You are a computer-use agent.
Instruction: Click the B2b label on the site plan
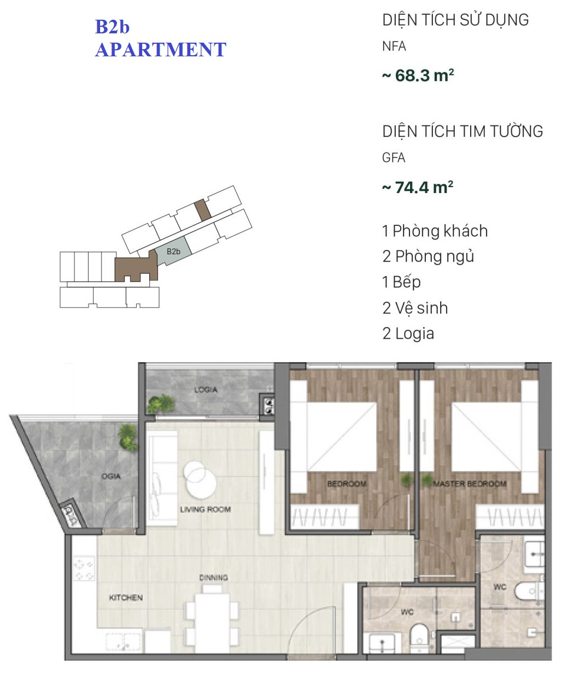[x=173, y=252]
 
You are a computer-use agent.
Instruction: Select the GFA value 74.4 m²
[x=418, y=188]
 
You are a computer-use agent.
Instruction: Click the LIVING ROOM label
[x=206, y=509]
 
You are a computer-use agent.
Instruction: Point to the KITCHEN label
[x=126, y=597]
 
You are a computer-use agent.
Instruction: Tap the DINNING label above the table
[x=213, y=577]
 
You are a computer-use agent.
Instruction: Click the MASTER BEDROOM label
[x=470, y=483]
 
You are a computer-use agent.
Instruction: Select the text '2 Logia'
[x=408, y=334]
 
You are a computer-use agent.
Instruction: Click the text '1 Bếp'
[x=401, y=282]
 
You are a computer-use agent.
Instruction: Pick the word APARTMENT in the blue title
[x=161, y=50]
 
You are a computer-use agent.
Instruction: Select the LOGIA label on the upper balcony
[x=206, y=390]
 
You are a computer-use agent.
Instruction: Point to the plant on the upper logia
[x=161, y=404]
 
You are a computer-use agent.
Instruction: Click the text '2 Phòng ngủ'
[x=428, y=257]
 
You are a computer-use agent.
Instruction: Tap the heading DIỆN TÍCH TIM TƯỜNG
[x=463, y=131]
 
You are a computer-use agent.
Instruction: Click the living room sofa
[x=162, y=479]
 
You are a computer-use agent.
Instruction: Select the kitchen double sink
[x=124, y=643]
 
